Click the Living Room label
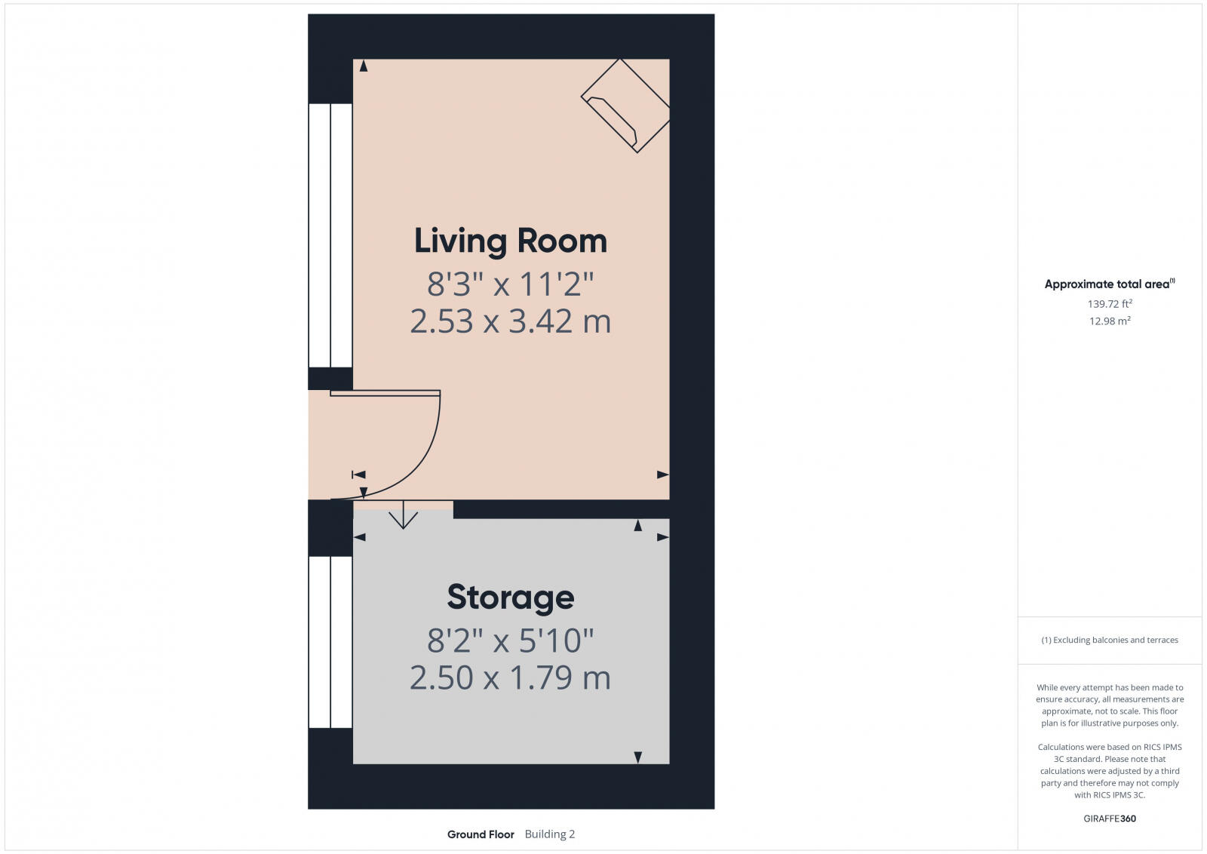[510, 241]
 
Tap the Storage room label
[510, 597]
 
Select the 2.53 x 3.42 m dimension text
[510, 321]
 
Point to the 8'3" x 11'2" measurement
[510, 284]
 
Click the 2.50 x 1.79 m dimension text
[510, 677]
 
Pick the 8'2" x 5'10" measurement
[510, 640]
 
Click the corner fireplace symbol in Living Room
[625, 106]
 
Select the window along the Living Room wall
[330, 235]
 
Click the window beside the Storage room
[330, 642]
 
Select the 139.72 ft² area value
[1109, 304]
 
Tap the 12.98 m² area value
[1109, 321]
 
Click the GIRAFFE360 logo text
[1109, 819]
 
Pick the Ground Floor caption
[481, 834]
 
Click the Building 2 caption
[549, 834]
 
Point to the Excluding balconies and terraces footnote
[1109, 640]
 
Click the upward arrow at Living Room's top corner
[364, 66]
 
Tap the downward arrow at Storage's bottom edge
[637, 757]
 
